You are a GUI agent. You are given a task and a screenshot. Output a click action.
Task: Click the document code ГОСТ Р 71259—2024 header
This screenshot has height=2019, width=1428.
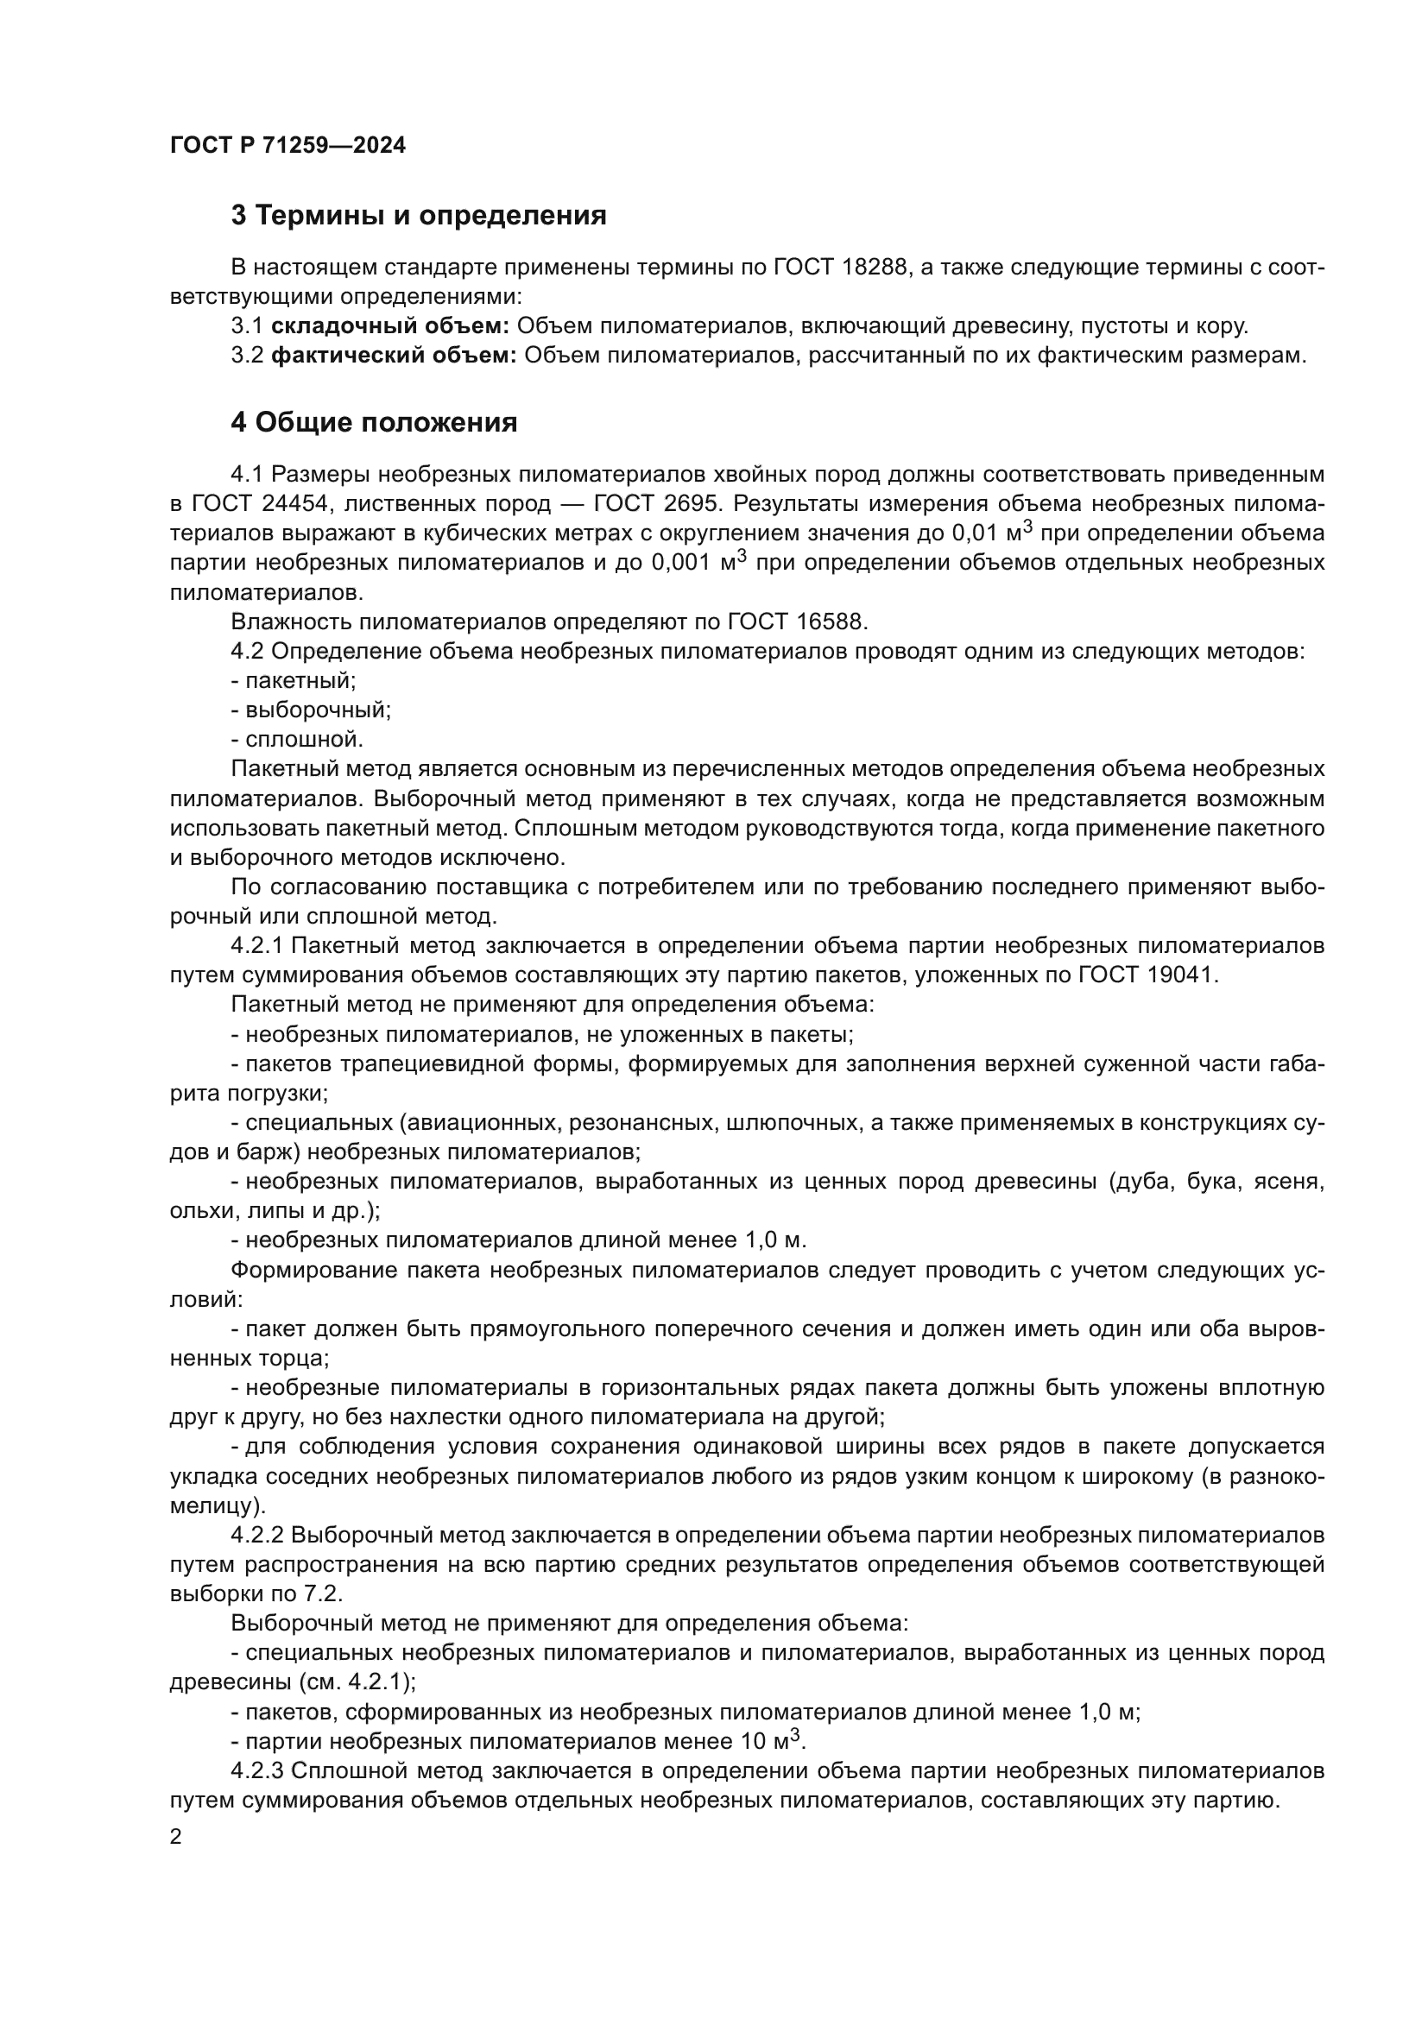pos(287,146)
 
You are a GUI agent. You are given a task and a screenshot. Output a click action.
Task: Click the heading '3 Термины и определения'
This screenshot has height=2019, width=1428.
pos(419,216)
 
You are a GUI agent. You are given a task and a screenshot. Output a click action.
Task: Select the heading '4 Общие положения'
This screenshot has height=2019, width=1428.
pos(374,423)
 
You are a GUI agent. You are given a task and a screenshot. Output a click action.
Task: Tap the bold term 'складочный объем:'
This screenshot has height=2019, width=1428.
pos(389,326)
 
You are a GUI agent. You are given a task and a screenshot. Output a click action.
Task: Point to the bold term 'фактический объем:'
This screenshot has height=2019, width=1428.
pos(393,356)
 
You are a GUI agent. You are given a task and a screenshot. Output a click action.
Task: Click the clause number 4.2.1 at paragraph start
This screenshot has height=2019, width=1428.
pos(256,946)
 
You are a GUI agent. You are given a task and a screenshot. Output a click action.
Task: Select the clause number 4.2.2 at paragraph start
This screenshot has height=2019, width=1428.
pos(256,1536)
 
